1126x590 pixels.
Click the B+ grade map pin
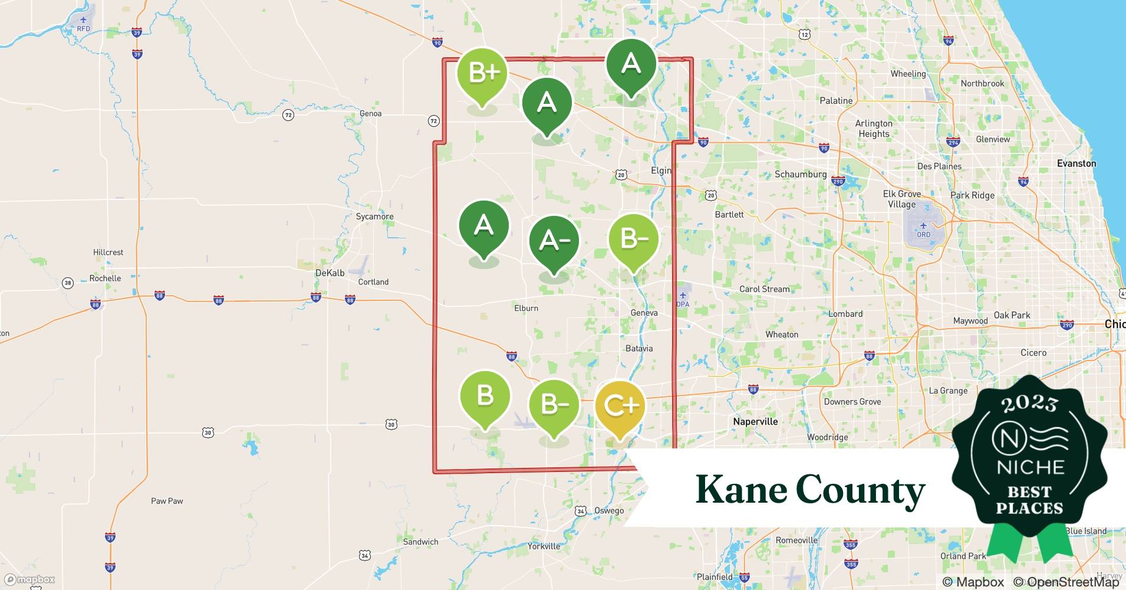tap(483, 74)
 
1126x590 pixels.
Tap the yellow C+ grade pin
tap(620, 406)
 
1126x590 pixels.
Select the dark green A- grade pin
tap(554, 241)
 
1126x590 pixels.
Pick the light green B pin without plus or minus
tap(485, 395)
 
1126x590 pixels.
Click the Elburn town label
tap(526, 308)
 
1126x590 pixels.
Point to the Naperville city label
tap(755, 421)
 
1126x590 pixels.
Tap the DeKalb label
tap(330, 273)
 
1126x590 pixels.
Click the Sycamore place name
tap(374, 217)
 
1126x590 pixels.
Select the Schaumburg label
tap(800, 174)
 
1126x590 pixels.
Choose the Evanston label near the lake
tap(1076, 163)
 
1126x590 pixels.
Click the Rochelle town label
tap(105, 278)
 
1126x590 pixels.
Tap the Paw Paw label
tap(167, 501)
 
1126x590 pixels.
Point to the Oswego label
tap(609, 510)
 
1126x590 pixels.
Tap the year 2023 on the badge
tap(1029, 404)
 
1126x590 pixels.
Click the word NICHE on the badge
tap(1030, 467)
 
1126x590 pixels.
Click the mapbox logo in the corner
tap(29, 579)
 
